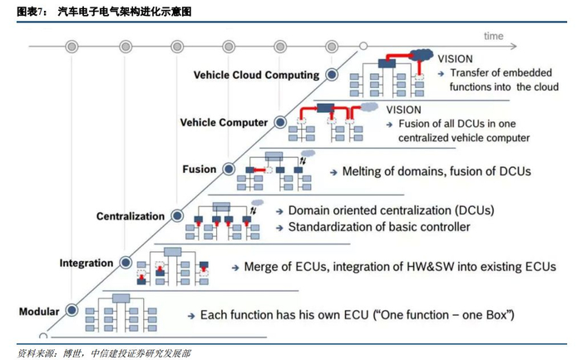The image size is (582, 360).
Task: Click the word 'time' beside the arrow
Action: point(494,36)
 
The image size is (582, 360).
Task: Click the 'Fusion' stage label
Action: point(199,170)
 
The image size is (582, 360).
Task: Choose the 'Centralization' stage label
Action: point(131,216)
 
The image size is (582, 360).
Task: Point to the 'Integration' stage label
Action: point(86,264)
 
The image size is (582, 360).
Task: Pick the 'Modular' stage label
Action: point(38,312)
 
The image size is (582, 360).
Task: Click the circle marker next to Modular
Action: point(72,312)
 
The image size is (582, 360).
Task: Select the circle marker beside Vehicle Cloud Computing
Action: point(331,75)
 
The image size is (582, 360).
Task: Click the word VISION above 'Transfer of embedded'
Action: point(455,59)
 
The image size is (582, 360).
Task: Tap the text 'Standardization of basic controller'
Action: point(378,227)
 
